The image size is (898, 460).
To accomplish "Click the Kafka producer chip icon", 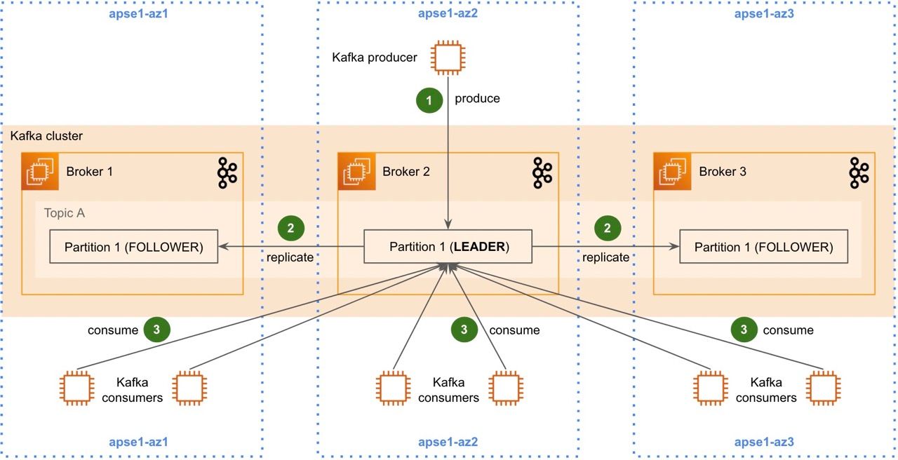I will click(448, 57).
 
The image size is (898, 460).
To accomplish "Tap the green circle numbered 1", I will click(429, 100).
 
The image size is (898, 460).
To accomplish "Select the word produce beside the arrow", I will click(477, 99).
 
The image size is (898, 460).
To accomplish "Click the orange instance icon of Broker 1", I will click(40, 172).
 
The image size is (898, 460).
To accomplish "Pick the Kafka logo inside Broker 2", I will click(542, 172).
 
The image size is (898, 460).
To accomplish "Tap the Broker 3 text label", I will click(723, 172).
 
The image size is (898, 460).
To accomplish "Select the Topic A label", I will click(64, 213).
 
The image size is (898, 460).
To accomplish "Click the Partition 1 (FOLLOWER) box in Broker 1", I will click(133, 247).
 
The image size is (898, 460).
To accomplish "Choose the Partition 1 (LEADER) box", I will click(448, 247).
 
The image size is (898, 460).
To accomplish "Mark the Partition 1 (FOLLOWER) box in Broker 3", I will click(763, 247).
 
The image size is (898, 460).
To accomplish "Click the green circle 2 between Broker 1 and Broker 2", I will click(291, 228).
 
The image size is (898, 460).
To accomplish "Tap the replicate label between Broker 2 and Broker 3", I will click(605, 257).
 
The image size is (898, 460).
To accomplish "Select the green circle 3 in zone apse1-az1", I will click(156, 330).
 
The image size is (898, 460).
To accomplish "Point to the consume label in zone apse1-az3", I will click(788, 330).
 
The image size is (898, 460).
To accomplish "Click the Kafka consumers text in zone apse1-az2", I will click(448, 390).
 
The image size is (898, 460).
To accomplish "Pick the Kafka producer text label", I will click(375, 57).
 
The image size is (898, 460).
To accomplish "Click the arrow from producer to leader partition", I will click(448, 161).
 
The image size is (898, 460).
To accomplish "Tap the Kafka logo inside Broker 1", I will click(226, 172).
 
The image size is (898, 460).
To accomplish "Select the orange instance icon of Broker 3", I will click(672, 172).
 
